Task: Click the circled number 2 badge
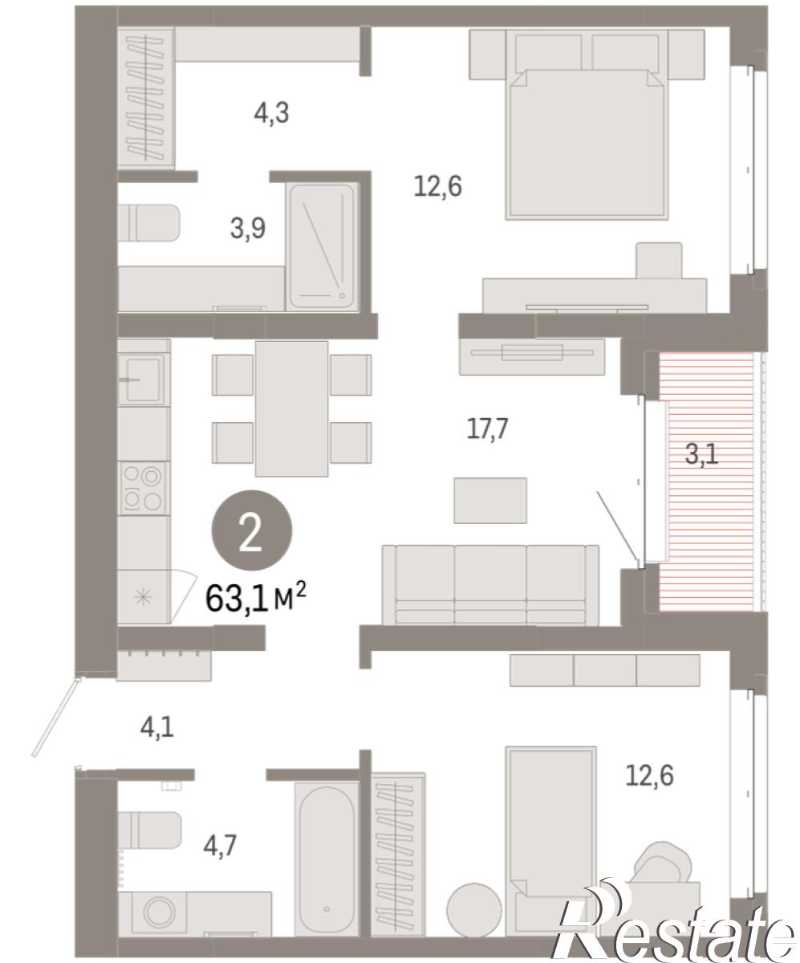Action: click(x=251, y=530)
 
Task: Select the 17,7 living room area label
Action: click(x=487, y=429)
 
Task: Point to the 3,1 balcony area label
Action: click(x=702, y=454)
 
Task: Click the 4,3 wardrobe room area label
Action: click(x=271, y=113)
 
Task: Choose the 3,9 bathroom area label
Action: click(x=248, y=229)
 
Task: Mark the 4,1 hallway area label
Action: click(x=157, y=729)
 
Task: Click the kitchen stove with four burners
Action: click(x=144, y=489)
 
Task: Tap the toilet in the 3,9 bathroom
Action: click(x=148, y=223)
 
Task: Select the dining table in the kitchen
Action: click(x=292, y=408)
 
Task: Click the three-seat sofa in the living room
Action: click(x=490, y=585)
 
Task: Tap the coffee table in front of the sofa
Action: click(x=490, y=501)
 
